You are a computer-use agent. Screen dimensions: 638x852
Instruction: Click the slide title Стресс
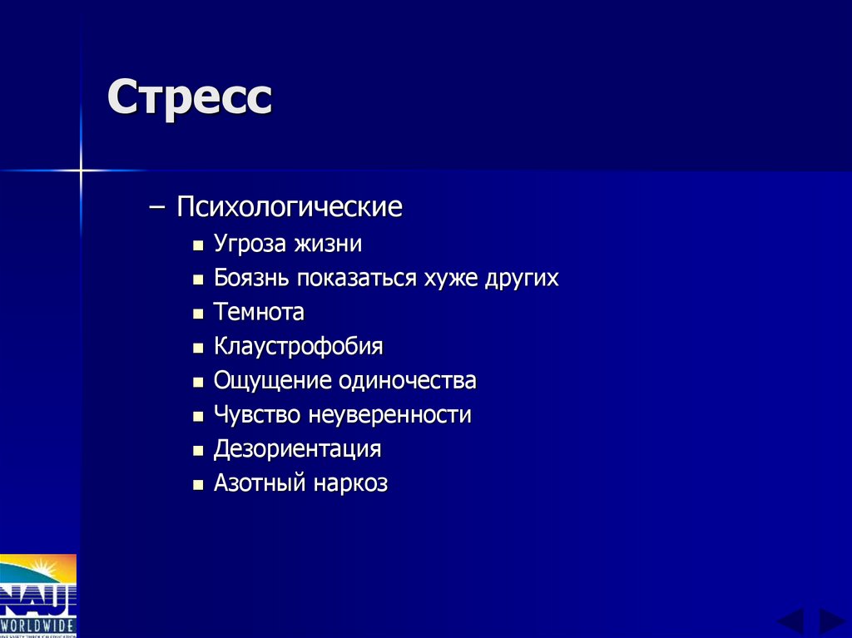(x=190, y=98)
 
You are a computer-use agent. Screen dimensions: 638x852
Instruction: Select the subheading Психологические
(x=289, y=207)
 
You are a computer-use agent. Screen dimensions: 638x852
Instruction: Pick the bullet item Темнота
(x=259, y=313)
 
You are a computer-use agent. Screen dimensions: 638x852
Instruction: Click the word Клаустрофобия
(x=298, y=347)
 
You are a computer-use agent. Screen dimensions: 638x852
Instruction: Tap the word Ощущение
(x=272, y=381)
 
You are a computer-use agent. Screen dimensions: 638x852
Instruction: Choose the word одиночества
(x=407, y=381)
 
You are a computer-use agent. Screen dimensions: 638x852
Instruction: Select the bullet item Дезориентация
(x=297, y=449)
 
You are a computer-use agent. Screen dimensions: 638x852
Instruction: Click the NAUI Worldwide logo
(x=38, y=596)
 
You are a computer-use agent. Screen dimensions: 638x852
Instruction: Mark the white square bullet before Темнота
(x=198, y=314)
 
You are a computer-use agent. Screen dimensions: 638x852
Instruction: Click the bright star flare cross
(x=81, y=171)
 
